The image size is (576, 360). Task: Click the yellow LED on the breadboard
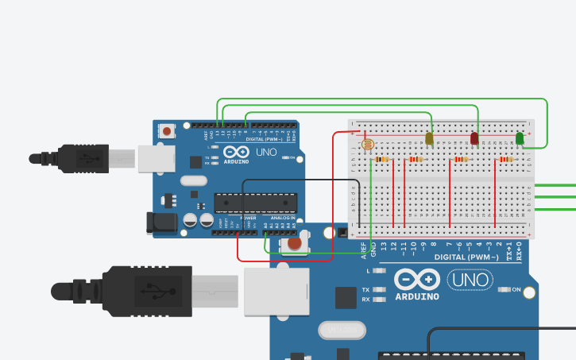pos(429,139)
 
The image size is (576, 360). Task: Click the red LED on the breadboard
pos(474,138)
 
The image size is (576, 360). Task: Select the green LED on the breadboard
pos(520,138)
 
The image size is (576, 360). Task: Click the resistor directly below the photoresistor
pos(383,160)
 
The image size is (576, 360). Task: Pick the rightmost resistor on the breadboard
pos(505,160)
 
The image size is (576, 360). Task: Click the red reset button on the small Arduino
pos(167,130)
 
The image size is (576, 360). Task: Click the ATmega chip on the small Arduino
pos(256,203)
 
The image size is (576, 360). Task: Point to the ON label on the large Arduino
pos(516,290)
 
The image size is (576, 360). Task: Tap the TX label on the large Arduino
pos(365,290)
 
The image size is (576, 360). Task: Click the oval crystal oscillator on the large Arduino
pos(340,329)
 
